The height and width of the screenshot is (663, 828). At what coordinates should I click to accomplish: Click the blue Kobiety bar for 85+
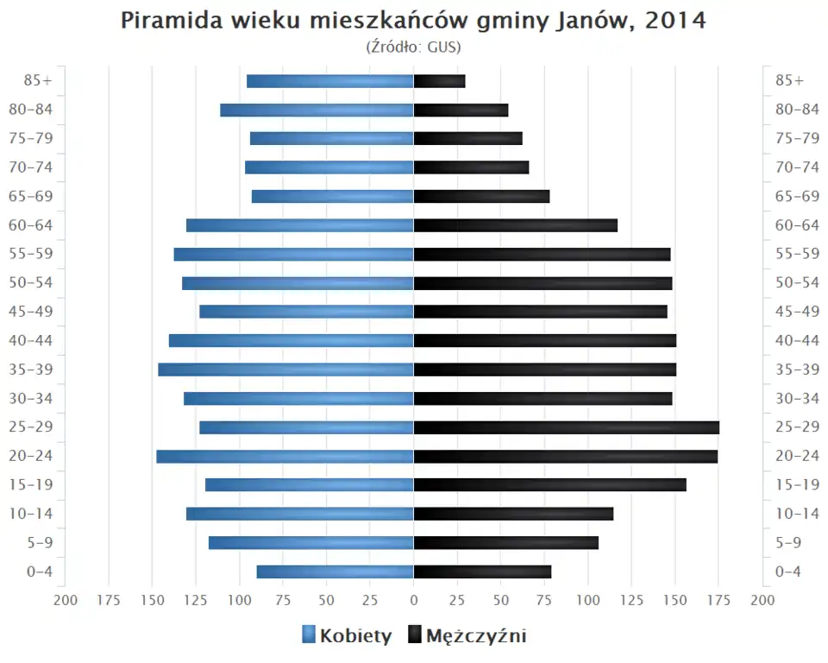coord(330,81)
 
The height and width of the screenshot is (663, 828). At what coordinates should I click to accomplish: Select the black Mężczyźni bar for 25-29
coord(566,427)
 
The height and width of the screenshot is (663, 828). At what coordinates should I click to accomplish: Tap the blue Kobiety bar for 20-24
coord(285,457)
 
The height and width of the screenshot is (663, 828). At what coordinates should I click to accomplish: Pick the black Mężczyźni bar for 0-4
coord(482,571)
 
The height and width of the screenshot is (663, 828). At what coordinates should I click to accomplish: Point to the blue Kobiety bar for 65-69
coord(333,197)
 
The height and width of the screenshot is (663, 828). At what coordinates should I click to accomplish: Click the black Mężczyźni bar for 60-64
coord(516,225)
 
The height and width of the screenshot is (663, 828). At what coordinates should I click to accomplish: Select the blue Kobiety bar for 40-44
coord(292,341)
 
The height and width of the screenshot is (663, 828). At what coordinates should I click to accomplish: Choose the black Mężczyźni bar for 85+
coord(439,81)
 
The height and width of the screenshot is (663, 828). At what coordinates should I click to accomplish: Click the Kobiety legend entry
coord(347,636)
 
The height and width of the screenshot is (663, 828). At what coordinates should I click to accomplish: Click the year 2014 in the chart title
coord(679,21)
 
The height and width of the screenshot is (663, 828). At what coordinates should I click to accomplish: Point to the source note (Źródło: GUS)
coord(413,46)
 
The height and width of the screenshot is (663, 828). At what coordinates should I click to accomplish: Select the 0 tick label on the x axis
coord(414,600)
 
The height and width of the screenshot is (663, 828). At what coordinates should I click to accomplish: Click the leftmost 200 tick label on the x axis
coord(66,600)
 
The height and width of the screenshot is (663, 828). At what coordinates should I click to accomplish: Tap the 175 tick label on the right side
coord(718,600)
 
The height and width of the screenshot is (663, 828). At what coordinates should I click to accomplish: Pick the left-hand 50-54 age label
coord(31,283)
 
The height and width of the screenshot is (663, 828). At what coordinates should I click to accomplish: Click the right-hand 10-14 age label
coord(797,514)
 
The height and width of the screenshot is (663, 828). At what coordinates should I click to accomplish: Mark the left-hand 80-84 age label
coord(31,110)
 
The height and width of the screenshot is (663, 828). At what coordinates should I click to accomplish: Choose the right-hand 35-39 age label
coord(797,369)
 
